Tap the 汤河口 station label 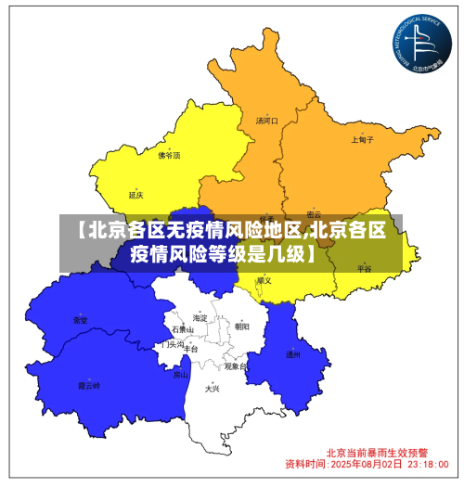click(x=266, y=121)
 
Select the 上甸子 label click(x=362, y=140)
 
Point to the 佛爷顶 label click(x=169, y=156)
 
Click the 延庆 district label click(x=136, y=195)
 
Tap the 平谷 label click(x=364, y=268)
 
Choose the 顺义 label click(x=264, y=279)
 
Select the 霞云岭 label click(x=88, y=384)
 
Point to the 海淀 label click(x=200, y=318)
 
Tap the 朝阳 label click(x=241, y=326)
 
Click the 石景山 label click(x=183, y=330)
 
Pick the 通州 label click(x=292, y=354)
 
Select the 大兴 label click(x=213, y=389)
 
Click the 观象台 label click(x=236, y=366)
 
